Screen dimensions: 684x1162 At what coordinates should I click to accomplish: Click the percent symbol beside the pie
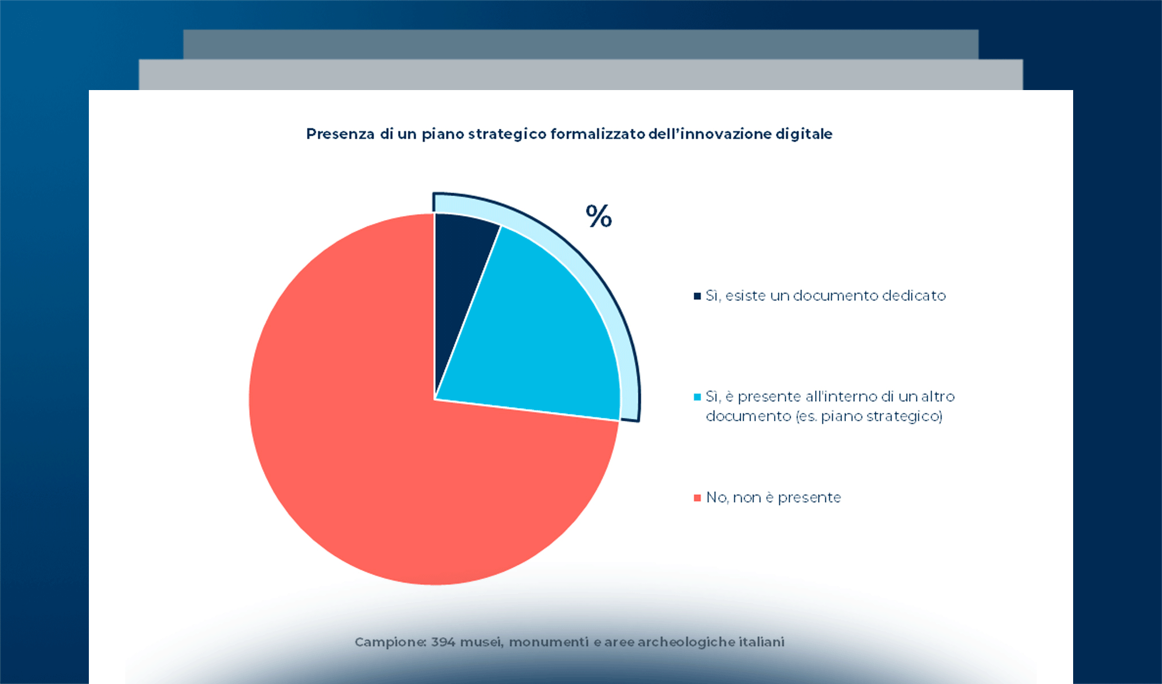599,217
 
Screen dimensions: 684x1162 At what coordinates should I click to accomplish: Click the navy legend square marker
697,296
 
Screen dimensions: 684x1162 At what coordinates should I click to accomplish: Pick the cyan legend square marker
697,397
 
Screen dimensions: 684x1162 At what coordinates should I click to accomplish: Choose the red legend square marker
697,498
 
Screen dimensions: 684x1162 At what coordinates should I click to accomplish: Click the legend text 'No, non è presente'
774,498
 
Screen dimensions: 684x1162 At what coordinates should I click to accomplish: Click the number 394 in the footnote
443,642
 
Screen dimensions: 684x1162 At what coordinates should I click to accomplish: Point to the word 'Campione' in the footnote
390,642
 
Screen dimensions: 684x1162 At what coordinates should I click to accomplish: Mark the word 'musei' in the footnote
481,642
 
